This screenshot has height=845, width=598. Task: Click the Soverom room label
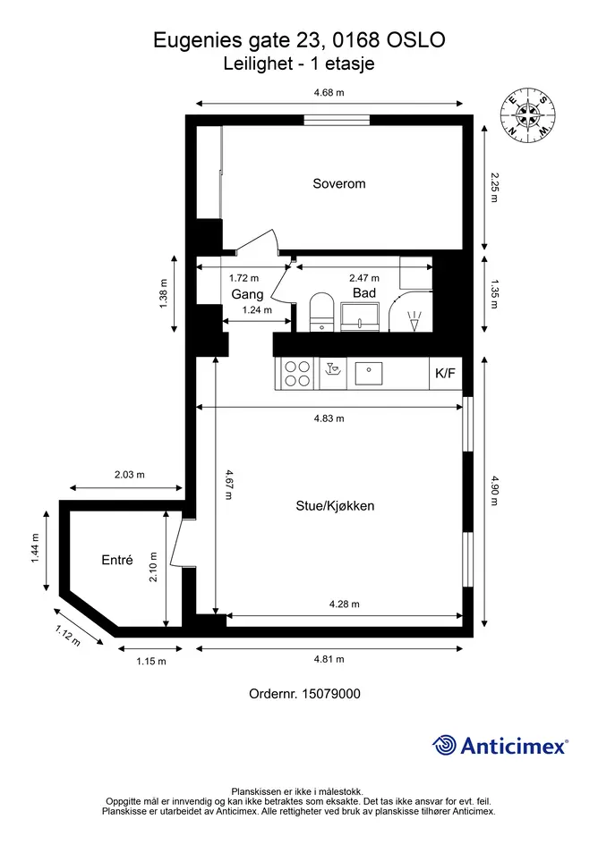[339, 184]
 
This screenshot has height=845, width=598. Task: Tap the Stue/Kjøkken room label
[335, 506]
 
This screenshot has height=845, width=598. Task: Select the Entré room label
[117, 560]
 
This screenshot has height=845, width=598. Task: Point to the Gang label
[247, 294]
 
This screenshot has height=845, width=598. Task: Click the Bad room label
[364, 293]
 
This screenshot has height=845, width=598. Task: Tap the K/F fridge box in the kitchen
[445, 373]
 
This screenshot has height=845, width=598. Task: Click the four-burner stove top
[297, 374]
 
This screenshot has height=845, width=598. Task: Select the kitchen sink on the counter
[369, 373]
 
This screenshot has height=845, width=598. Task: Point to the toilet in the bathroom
[322, 312]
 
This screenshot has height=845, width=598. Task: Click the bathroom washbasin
[360, 317]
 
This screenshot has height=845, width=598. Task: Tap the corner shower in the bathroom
[411, 312]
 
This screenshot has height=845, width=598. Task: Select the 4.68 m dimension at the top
[329, 93]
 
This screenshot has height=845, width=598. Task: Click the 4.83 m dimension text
[329, 418]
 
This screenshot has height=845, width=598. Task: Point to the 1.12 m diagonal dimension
[68, 636]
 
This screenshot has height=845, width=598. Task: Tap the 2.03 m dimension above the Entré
[130, 475]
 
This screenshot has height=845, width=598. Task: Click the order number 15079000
[331, 694]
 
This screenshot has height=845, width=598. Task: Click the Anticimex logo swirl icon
[444, 746]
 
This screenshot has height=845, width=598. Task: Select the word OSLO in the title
[416, 40]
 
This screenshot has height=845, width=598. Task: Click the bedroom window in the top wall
[337, 120]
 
